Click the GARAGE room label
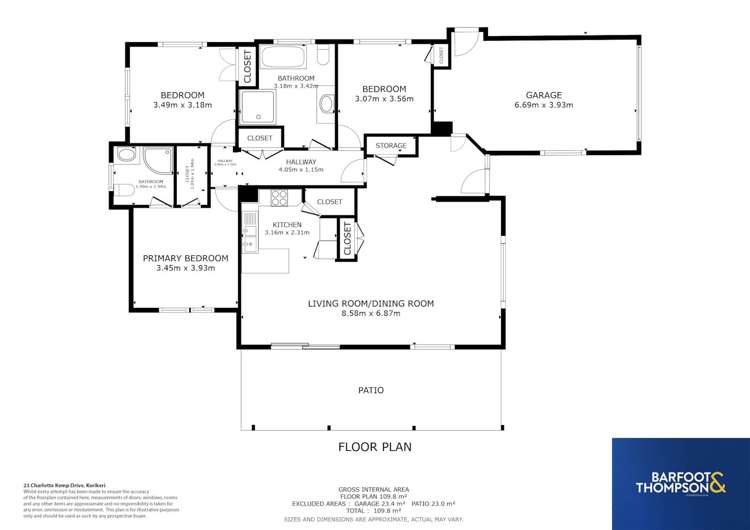(537, 95)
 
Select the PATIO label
(371, 390)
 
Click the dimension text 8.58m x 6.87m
(371, 313)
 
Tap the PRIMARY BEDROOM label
(185, 258)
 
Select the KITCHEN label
(273, 225)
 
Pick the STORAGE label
(391, 146)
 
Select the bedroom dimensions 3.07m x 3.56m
(384, 98)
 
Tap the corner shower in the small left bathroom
(155, 161)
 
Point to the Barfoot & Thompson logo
(681, 483)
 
